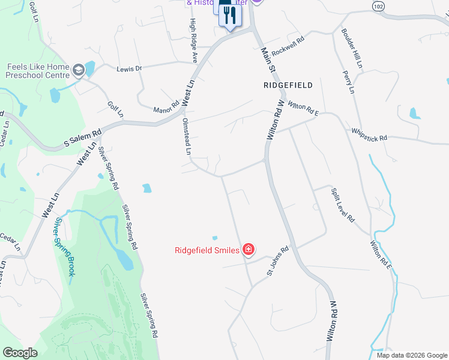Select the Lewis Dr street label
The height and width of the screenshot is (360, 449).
pos(130,68)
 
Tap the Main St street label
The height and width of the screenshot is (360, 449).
pos(267,61)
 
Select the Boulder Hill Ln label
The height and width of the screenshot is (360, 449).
pos(352,47)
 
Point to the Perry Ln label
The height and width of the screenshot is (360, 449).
pos(348,82)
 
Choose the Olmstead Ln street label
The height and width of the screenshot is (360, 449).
pos(186,136)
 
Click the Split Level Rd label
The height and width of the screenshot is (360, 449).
pos(343,205)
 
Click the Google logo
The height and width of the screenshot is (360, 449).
pos(19,353)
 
